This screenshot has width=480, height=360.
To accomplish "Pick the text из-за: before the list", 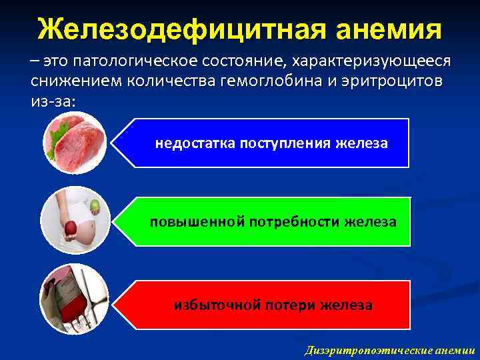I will coord(53,101).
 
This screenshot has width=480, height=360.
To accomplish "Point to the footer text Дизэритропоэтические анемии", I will coord(389,350).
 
